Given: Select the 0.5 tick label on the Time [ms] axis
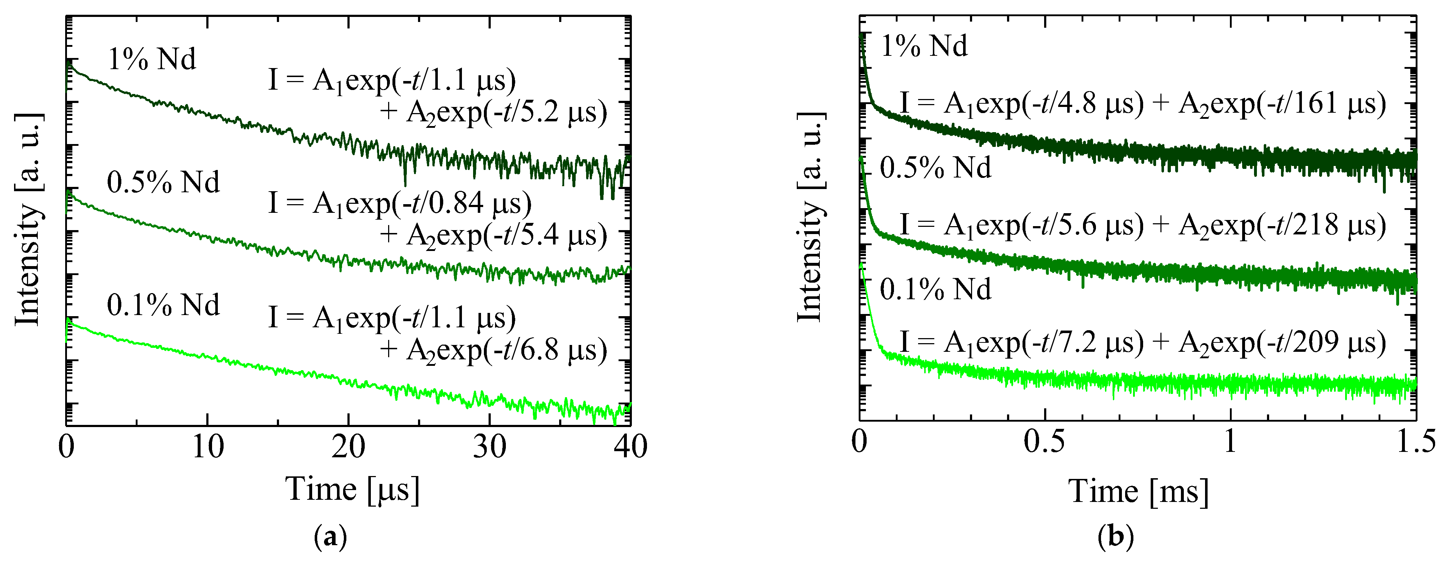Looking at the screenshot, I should click(1044, 442).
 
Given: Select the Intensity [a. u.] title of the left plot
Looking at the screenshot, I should click(28, 219).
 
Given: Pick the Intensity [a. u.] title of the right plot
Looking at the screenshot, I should click(810, 218).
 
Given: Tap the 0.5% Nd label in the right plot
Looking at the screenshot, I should click(935, 167).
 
